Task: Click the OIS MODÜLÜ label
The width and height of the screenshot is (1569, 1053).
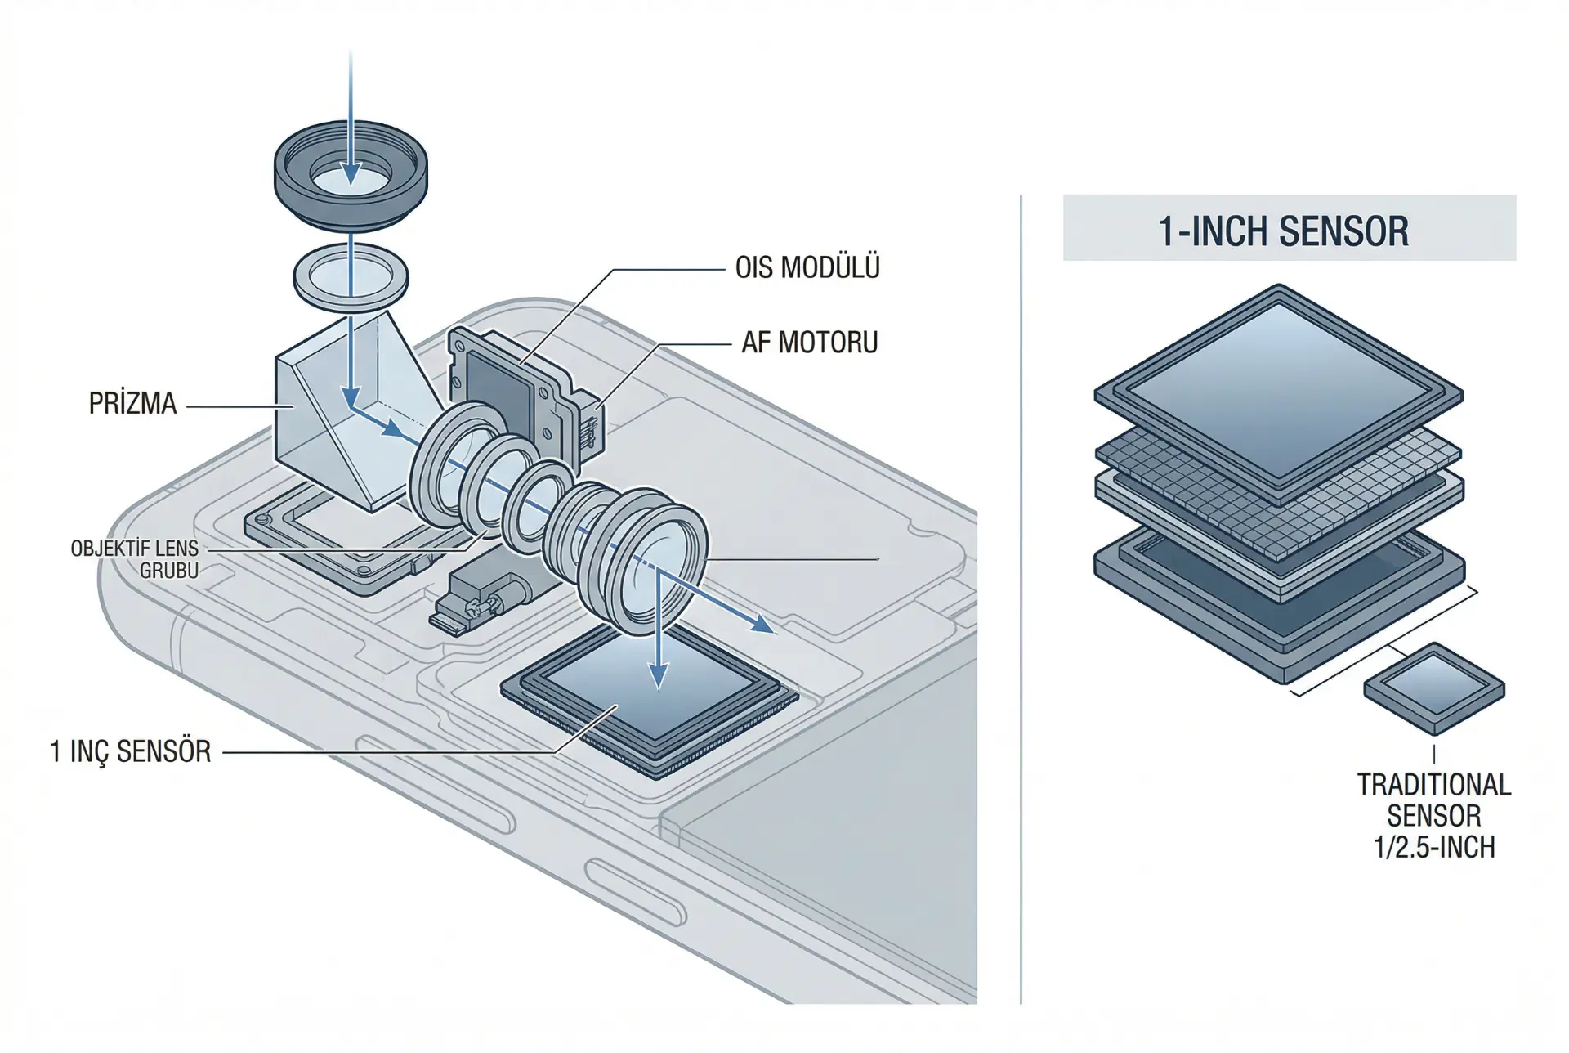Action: pyautogui.click(x=807, y=268)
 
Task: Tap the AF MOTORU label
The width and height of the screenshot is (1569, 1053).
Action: pyautogui.click(x=809, y=343)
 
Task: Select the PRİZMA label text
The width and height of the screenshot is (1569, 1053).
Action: pyautogui.click(x=132, y=404)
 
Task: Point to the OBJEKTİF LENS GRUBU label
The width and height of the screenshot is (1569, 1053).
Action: pyautogui.click(x=135, y=559)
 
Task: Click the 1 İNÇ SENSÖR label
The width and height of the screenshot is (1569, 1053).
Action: pyautogui.click(x=131, y=751)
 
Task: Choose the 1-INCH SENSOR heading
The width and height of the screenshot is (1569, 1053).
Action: pyautogui.click(x=1283, y=231)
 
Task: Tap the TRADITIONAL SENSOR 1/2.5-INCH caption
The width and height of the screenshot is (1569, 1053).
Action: pyautogui.click(x=1434, y=816)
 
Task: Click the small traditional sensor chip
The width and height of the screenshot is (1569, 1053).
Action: pyautogui.click(x=1434, y=688)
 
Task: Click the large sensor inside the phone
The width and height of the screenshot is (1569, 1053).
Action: pyautogui.click(x=650, y=703)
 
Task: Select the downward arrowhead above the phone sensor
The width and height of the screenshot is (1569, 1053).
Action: pyautogui.click(x=659, y=675)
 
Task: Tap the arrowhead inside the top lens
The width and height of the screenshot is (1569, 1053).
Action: pyautogui.click(x=351, y=173)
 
